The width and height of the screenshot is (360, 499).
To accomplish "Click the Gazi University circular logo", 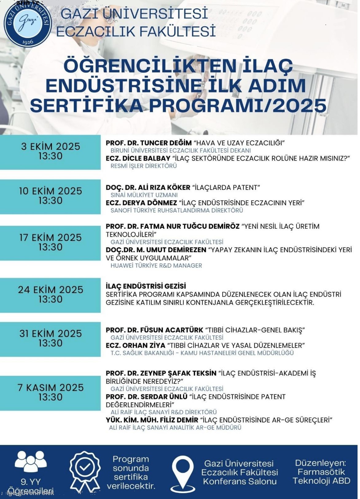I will point(28,24).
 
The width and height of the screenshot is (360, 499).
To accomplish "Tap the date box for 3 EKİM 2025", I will point(50,152).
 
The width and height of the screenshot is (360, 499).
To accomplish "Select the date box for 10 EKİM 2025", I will point(50,196).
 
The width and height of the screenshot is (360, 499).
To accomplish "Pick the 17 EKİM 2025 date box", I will point(50,243).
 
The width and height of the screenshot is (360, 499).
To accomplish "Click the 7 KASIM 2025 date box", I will point(50,393).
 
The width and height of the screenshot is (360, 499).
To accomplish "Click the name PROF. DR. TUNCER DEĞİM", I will point(149,143).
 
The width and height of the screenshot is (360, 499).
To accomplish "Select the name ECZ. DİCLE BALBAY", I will point(138,158).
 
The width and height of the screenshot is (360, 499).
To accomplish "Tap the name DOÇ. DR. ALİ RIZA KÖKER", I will point(148,188).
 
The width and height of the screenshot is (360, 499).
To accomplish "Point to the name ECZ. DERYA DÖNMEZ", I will point(141,203).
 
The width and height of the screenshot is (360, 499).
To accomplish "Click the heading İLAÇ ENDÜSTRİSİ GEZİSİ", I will point(146,286).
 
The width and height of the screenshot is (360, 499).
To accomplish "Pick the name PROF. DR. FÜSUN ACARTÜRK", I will point(155,330).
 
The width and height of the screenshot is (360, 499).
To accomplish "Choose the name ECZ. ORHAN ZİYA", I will point(135,346).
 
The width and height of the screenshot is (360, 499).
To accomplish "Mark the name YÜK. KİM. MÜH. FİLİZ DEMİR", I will point(152,420).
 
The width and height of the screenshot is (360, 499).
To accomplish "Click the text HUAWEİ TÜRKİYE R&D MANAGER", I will point(156,266).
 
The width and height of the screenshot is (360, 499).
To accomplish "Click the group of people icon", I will point(31,461).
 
